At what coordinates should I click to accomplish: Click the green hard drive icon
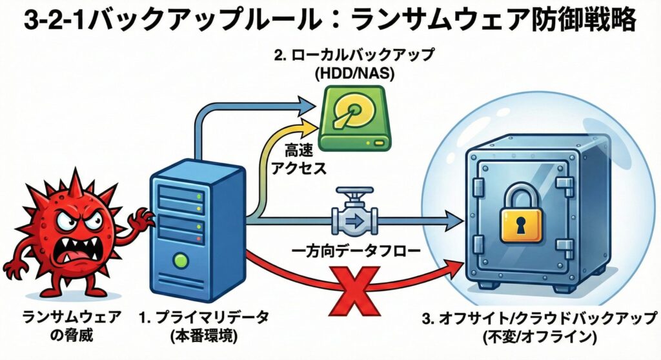(x=356, y=119)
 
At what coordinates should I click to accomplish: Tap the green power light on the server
(x=183, y=261)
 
